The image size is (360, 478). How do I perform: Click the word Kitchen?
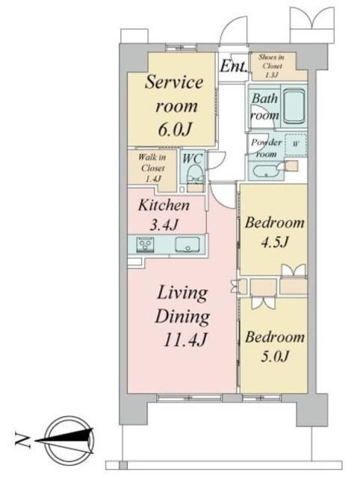point(164,205)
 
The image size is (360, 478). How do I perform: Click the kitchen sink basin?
point(186,243)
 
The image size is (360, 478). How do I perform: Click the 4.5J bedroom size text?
point(276,241)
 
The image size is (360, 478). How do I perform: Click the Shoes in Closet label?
point(270,66)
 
